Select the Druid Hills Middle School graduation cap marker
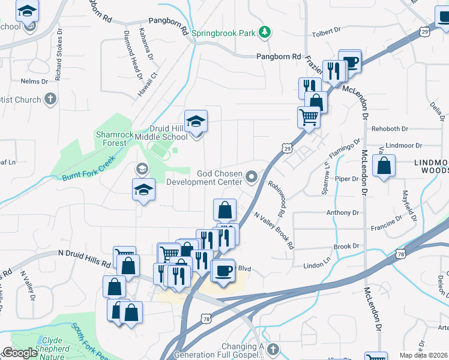(x=196, y=122)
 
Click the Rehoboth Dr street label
(x=389, y=128)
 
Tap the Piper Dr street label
(x=346, y=179)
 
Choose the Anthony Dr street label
(x=342, y=212)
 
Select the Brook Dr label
(x=346, y=246)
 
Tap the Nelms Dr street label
(x=34, y=81)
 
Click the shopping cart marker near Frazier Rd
(x=309, y=117)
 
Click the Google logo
(x=19, y=353)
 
